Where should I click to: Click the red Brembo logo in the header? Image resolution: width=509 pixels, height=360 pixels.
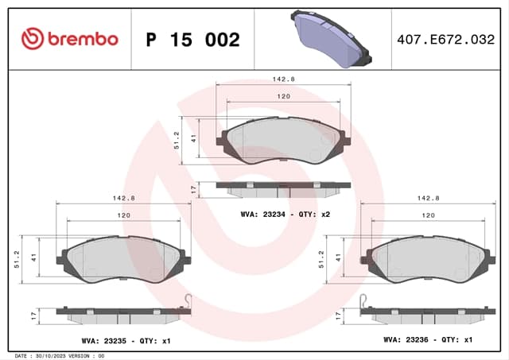(70, 39)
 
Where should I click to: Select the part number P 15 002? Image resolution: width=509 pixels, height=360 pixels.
(192, 40)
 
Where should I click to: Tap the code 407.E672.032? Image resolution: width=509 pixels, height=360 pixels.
(445, 40)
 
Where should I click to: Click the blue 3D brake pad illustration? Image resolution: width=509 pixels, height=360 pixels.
(331, 39)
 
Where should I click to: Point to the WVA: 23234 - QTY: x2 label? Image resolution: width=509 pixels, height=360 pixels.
(286, 215)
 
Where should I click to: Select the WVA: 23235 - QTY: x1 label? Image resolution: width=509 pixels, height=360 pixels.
(126, 341)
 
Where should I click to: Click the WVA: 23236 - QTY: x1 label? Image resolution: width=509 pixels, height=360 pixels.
(428, 339)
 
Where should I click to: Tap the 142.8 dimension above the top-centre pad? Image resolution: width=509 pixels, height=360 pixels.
(283, 79)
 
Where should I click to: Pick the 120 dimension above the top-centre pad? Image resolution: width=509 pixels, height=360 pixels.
(283, 96)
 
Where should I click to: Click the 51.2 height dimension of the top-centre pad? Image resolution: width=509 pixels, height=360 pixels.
(177, 141)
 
